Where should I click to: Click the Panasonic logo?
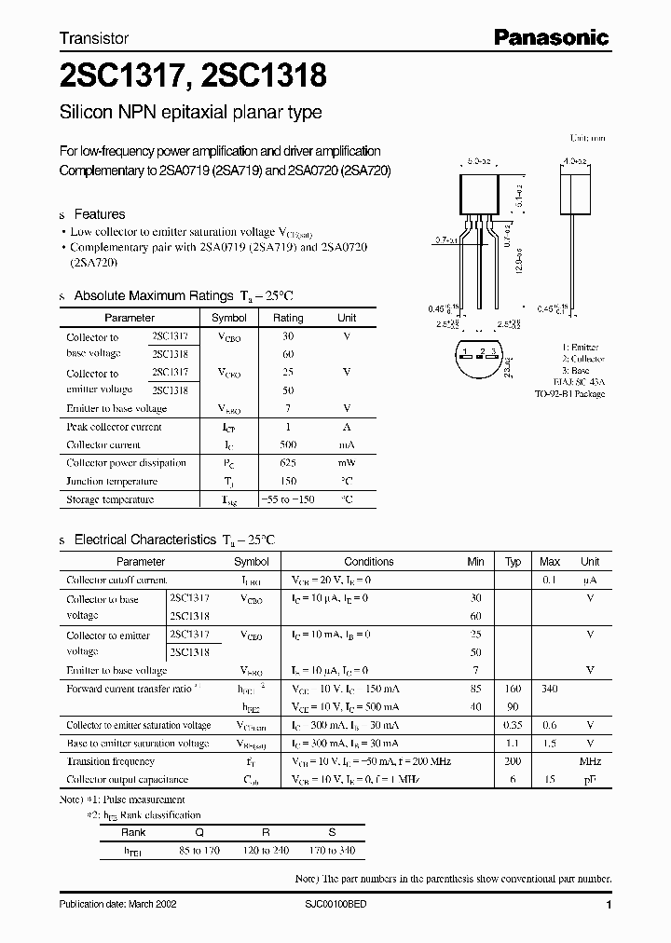551,38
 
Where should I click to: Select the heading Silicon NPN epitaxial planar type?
190,113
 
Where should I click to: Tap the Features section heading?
99,214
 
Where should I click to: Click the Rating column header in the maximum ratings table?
288,318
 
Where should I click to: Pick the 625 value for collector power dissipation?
288,463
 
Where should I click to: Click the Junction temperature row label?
112,482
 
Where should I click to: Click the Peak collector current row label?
114,427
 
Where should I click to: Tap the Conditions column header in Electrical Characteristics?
369,562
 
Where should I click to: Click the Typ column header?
513,562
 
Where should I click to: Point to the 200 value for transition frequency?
513,761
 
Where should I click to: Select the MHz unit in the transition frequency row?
590,761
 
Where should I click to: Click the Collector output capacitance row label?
127,779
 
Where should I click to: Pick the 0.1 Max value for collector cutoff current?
550,581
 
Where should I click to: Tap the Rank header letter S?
331,833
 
